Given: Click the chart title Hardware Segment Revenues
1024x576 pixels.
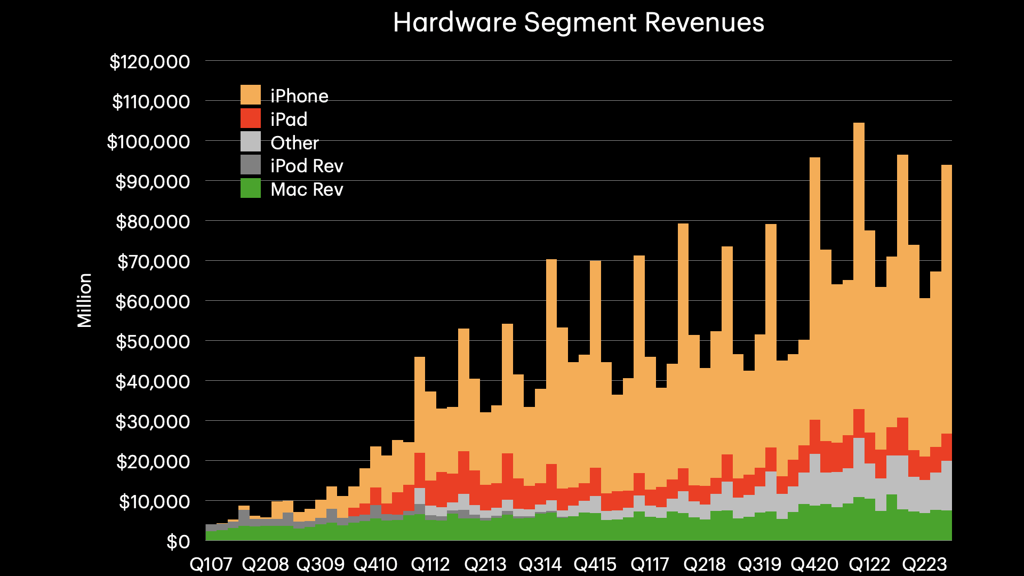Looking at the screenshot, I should click(x=579, y=23).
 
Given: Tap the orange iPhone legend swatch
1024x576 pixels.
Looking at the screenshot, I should click(x=251, y=95).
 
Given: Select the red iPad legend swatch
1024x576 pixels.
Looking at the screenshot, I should click(x=251, y=118).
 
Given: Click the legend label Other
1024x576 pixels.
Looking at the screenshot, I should click(x=294, y=143).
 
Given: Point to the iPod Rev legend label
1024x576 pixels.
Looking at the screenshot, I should click(x=307, y=166).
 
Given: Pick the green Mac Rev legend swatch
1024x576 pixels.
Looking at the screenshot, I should click(x=251, y=188).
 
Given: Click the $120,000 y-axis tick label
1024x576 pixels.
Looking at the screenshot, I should click(x=150, y=62).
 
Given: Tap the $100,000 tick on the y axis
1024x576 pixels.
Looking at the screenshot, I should click(x=148, y=142).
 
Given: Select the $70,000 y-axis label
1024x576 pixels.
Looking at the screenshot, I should click(x=153, y=262).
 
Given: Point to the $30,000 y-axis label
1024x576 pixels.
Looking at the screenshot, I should click(x=153, y=422).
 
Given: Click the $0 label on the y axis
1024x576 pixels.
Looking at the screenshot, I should click(x=178, y=542).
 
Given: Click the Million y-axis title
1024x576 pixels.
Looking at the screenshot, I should click(x=85, y=300).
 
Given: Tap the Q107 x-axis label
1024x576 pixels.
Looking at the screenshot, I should click(x=211, y=564).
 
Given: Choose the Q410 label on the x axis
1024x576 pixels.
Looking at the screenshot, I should click(x=375, y=564).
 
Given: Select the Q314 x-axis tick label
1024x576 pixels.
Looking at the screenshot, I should click(x=540, y=564).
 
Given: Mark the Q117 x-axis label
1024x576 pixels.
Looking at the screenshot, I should click(x=650, y=564).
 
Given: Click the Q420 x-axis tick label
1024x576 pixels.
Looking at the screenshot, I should click(x=814, y=564).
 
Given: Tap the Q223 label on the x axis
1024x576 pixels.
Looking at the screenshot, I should click(x=924, y=564).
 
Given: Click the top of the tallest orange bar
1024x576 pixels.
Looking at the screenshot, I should click(x=859, y=124).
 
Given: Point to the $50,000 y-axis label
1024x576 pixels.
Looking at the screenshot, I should click(x=153, y=342).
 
